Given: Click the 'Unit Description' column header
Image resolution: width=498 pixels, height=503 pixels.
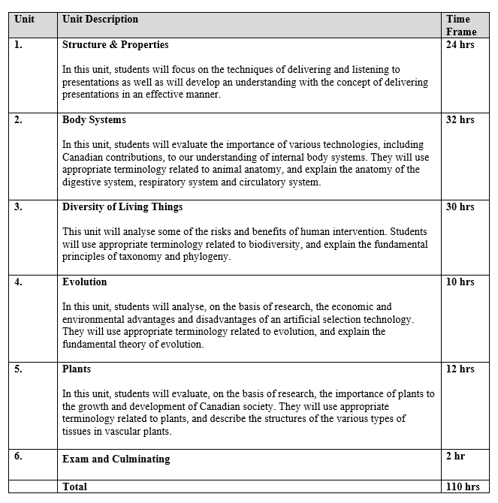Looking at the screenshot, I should [x=100, y=19].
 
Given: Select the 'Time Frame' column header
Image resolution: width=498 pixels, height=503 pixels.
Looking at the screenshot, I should [x=460, y=25].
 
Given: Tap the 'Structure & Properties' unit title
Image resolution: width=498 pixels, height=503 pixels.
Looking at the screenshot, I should [x=115, y=45].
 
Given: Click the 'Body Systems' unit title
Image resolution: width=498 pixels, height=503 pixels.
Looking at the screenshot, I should [x=94, y=119].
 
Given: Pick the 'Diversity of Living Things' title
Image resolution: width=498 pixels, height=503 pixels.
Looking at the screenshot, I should [x=122, y=206].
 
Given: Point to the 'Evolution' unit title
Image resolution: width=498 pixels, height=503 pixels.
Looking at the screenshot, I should [x=84, y=282].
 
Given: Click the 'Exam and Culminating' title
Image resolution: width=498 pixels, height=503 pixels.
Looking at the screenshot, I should [x=116, y=459].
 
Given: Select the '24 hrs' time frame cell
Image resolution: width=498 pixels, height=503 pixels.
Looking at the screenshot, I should [x=460, y=45].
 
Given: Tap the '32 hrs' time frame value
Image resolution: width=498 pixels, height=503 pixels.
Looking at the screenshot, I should [x=460, y=119].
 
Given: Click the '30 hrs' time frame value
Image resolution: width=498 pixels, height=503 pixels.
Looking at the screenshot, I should [x=460, y=206].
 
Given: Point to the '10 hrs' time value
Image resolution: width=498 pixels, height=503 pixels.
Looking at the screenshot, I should [x=460, y=282].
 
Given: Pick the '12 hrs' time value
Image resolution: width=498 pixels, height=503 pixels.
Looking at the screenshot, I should [x=460, y=369].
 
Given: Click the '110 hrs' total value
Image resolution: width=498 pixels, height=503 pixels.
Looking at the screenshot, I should [x=463, y=486].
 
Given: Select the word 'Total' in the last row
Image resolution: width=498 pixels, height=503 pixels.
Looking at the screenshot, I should [x=74, y=486].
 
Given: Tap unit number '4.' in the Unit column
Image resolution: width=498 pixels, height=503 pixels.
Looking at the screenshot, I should [x=18, y=282].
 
